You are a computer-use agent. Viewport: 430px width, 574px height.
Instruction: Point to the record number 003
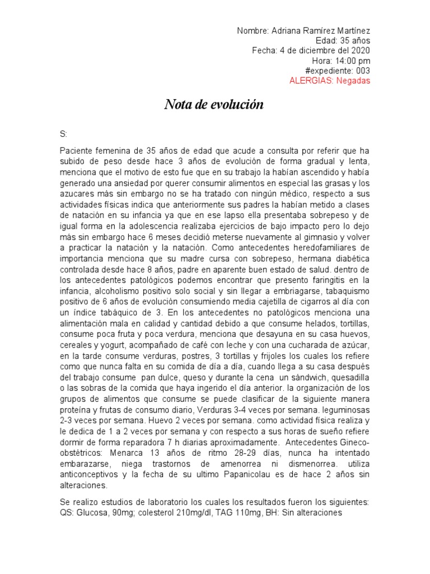tap(362, 71)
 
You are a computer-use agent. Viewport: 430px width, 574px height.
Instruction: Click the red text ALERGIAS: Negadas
tap(329, 81)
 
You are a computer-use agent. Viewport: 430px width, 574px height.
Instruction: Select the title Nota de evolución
tap(214, 105)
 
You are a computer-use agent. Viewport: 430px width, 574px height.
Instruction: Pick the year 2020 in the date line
tap(359, 50)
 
